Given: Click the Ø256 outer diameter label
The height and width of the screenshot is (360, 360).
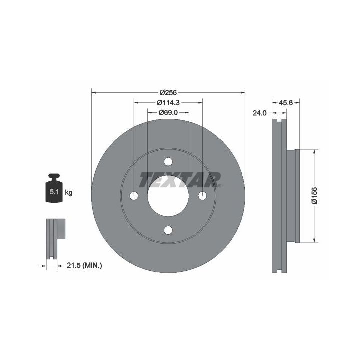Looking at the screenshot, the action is [168, 93].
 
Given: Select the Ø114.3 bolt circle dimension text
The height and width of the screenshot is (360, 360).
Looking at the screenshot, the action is [168, 103].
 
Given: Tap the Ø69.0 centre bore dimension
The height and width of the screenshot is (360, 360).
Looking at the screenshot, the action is [168, 112].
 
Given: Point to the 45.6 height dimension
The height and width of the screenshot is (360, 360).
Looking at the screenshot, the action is [286, 103].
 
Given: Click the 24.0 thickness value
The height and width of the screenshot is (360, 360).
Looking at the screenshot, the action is [259, 113].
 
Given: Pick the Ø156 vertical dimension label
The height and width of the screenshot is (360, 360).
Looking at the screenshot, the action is [314, 195].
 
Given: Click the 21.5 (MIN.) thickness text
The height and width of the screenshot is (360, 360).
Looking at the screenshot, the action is [84, 266].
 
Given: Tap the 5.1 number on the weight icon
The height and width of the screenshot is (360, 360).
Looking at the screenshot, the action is [54, 192].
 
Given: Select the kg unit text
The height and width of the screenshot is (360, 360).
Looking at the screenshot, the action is [69, 192].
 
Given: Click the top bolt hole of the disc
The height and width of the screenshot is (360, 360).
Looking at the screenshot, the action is [168, 162].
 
